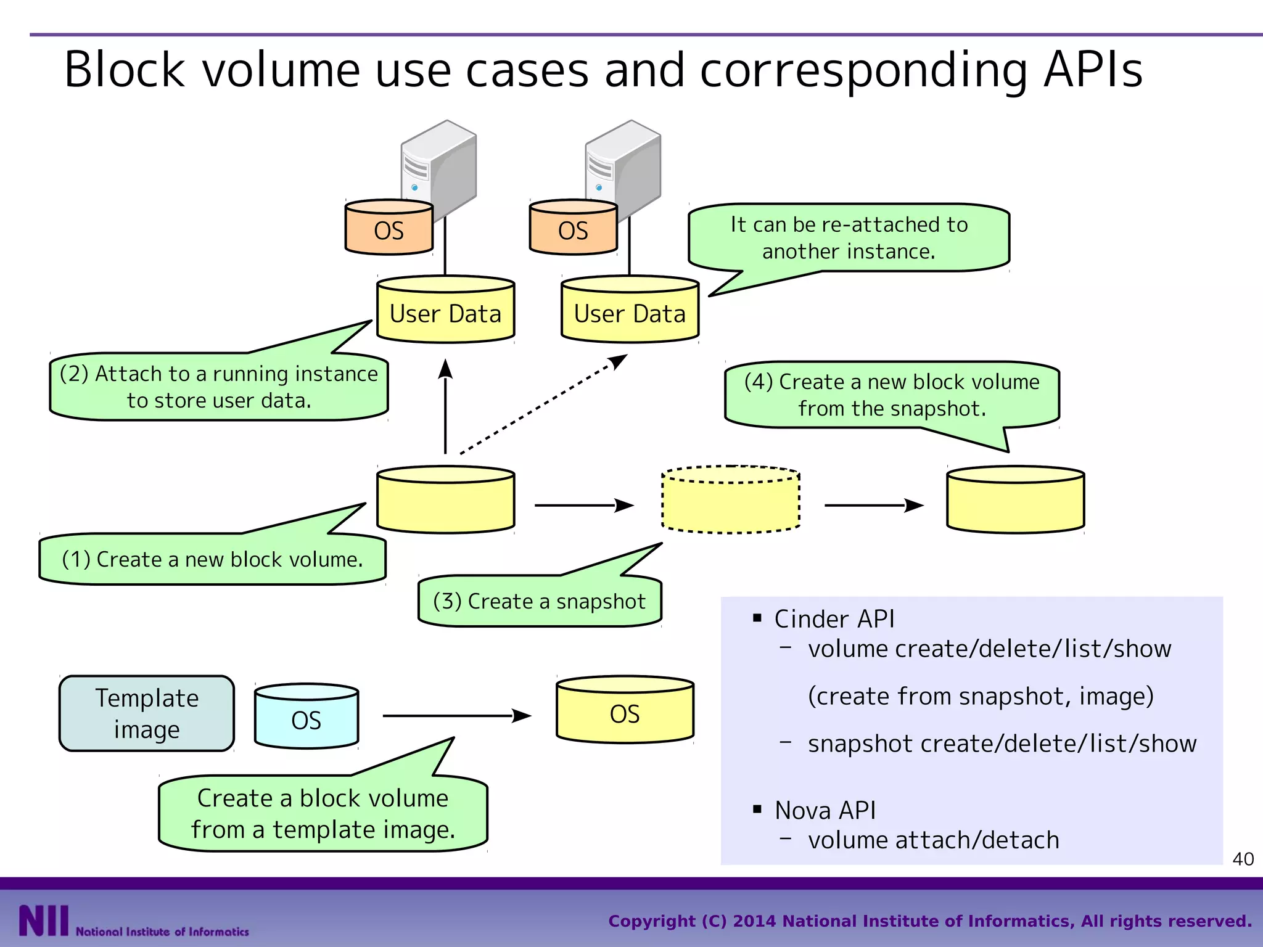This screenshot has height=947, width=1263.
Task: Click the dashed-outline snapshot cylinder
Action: coord(730,500)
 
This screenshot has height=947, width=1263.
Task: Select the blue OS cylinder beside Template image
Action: coord(306,716)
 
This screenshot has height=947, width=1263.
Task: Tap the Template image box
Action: coord(147,713)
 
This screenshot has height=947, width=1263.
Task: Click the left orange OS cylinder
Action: coord(389,228)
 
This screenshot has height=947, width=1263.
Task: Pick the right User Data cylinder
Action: coord(630,310)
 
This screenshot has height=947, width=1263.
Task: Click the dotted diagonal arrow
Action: coord(543,405)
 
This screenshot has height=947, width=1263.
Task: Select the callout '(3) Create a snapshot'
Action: coord(539,601)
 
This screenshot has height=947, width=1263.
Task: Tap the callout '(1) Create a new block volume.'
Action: coord(212,559)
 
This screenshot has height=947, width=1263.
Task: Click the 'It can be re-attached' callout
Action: coord(849,238)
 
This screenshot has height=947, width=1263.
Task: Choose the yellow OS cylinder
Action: coord(625,711)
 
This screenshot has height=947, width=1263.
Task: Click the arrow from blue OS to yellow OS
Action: coord(456,716)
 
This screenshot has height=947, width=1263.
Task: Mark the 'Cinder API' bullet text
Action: coord(834,619)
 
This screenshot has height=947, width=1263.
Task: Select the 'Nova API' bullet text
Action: coord(825,810)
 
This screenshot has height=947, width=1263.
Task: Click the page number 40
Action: coord(1243,859)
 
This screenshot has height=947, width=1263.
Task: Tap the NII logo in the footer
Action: coord(43,921)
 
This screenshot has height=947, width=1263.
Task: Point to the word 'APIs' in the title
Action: coord(1093,70)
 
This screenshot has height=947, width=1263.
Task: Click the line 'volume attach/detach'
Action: coord(933,840)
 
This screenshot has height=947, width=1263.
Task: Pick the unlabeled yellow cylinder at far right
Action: coord(1015,500)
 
